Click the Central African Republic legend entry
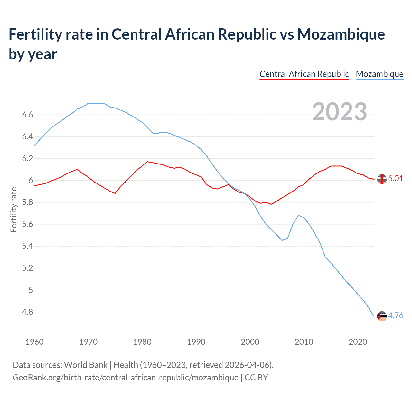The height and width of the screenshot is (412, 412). tap(304, 74)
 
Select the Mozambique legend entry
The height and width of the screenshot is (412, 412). tap(379, 74)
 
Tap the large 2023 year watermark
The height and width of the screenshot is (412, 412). tap(340, 112)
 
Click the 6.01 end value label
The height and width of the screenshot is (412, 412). tap(396, 179)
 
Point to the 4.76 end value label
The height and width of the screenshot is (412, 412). tap(396, 315)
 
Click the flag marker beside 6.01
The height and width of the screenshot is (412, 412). tap(382, 179)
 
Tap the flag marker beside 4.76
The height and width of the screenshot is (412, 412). tap(382, 316)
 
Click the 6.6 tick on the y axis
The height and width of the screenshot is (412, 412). tap(27, 115)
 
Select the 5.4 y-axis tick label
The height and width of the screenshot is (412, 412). tap(27, 246)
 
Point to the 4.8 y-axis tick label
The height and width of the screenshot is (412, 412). tap(27, 312)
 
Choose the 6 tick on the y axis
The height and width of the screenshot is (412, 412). tap(31, 181)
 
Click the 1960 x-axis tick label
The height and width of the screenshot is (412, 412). tap(34, 342)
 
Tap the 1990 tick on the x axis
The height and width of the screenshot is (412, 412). tap(196, 342)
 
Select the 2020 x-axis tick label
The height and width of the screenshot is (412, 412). tap(358, 342)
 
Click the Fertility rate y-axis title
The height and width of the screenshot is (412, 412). tap(14, 210)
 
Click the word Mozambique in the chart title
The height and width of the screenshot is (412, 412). tap(341, 34)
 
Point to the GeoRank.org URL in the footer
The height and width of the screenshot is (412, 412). tap(126, 377)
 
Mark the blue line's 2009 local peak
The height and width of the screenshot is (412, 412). tap(298, 215)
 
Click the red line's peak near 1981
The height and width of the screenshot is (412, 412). tap(147, 162)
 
